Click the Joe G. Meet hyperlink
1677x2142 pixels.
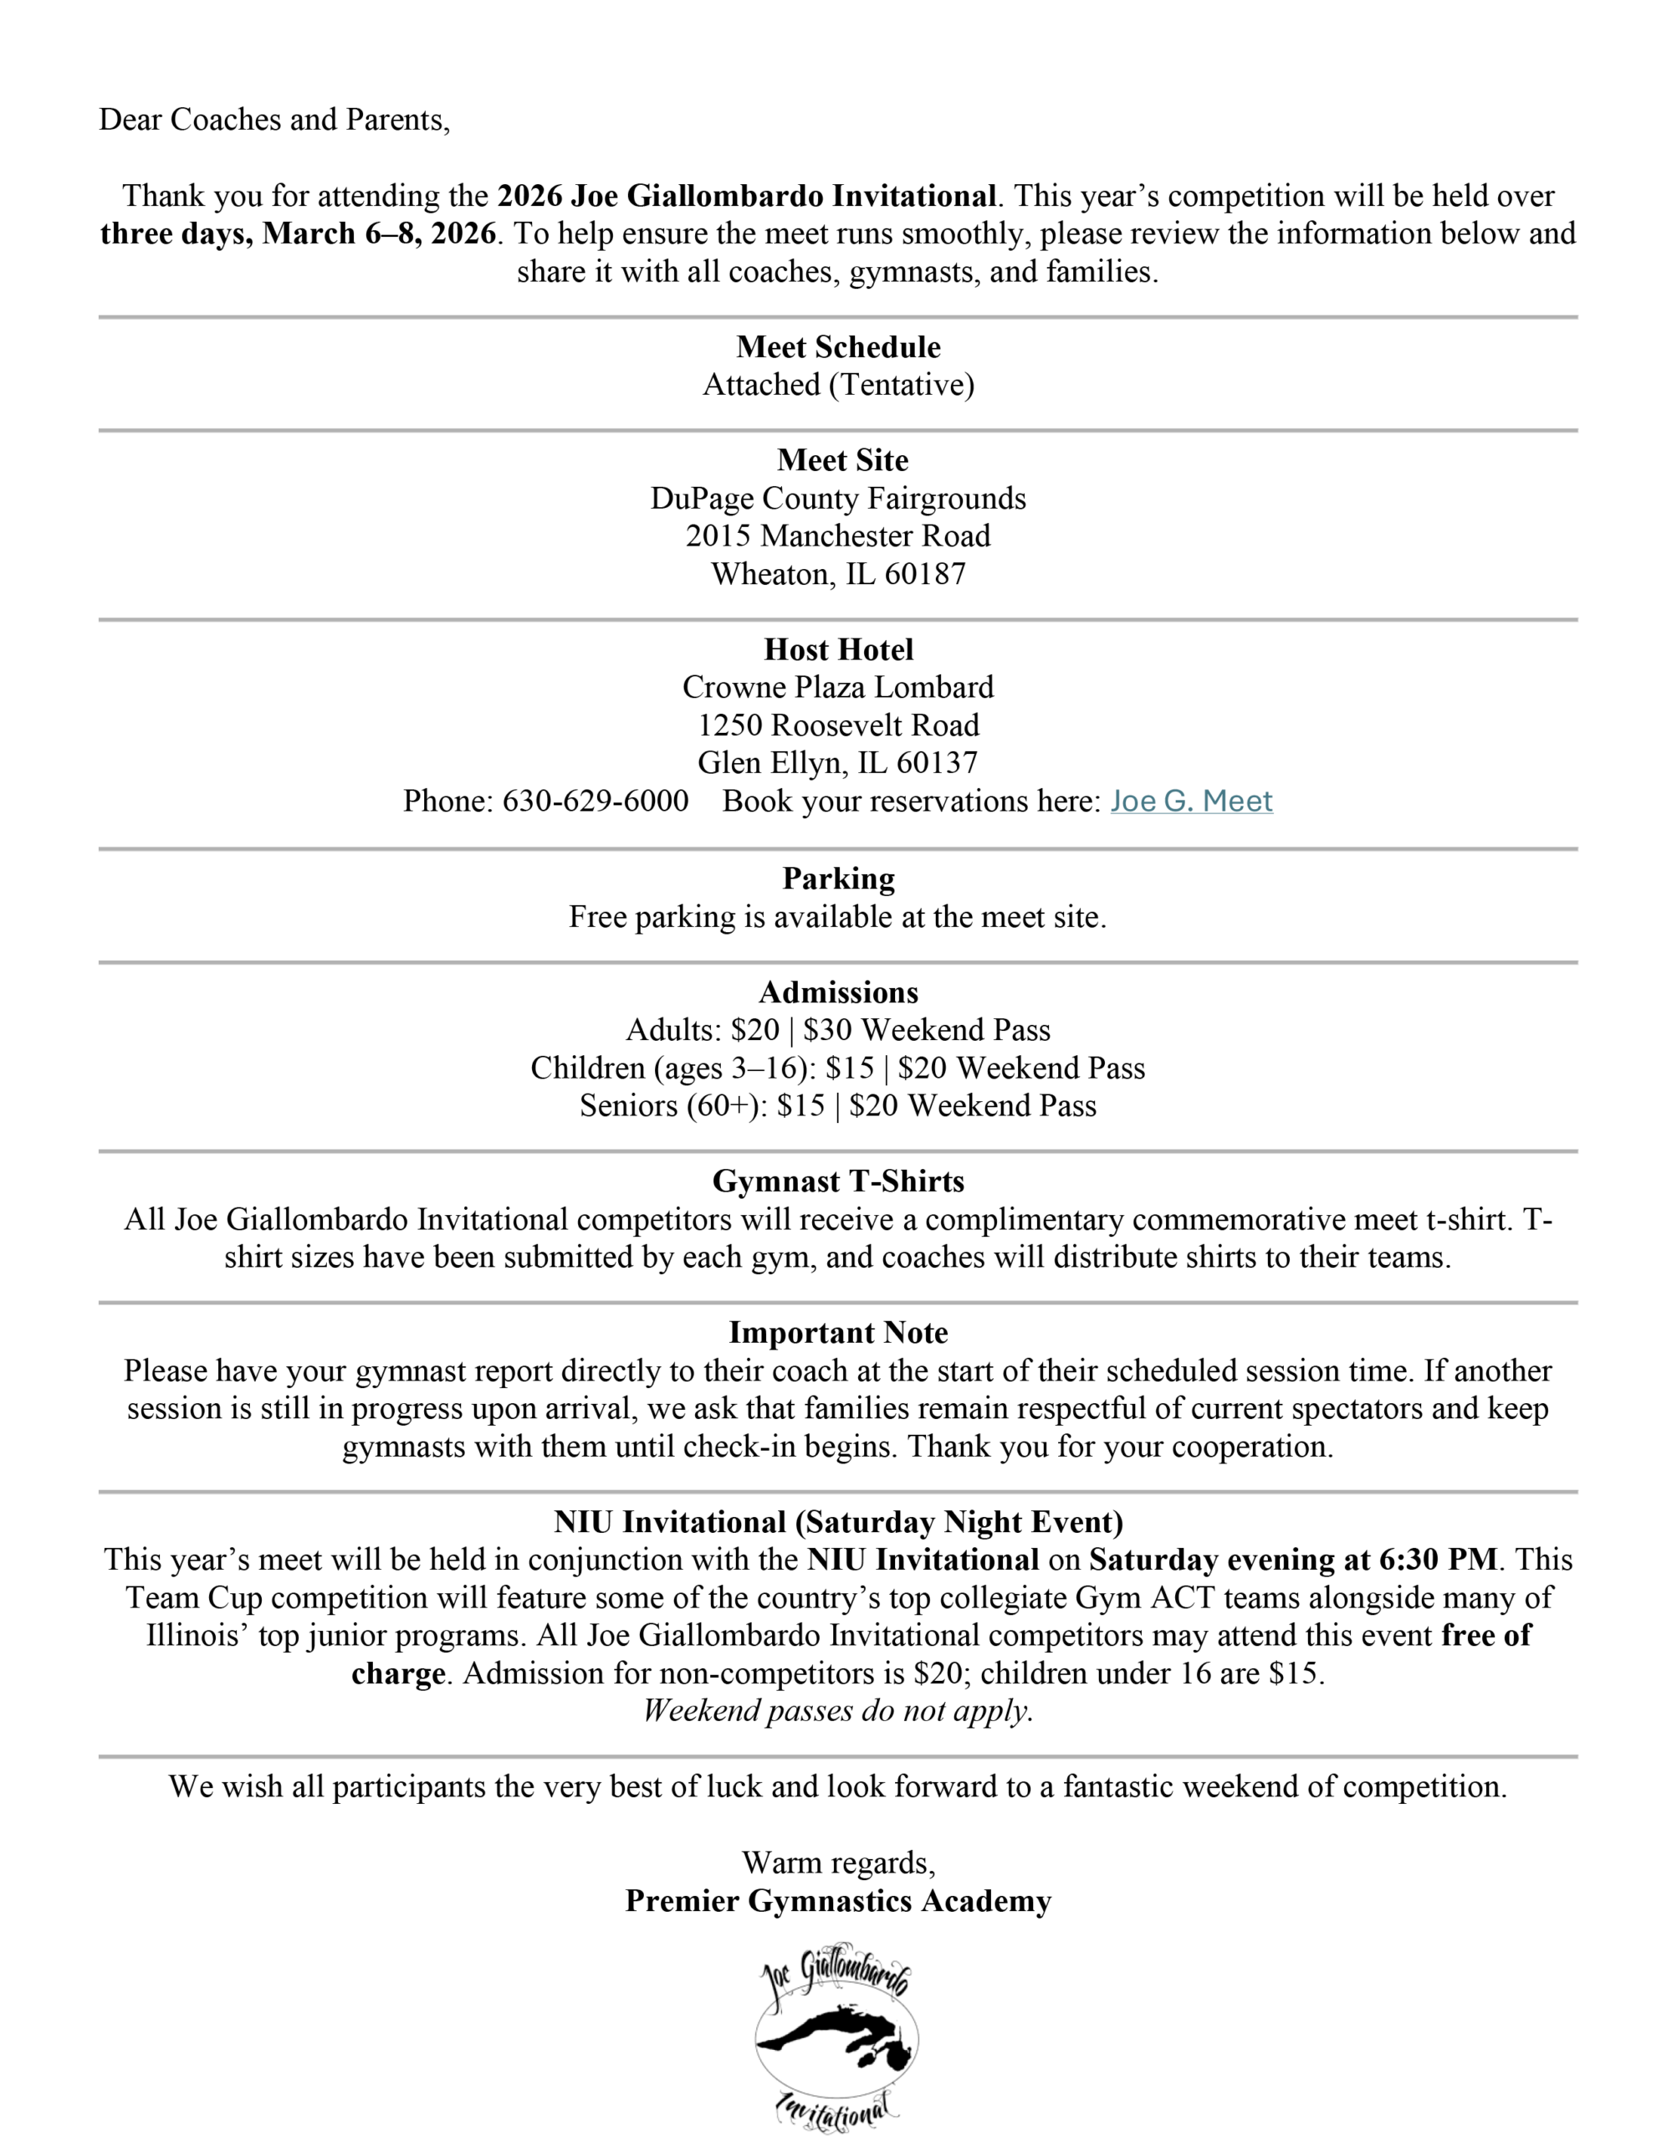coord(1191,802)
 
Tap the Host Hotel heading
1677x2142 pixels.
coord(838,649)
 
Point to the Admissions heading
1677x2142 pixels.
coord(838,992)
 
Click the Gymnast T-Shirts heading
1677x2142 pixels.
coord(838,1181)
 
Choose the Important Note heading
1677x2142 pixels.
coord(838,1333)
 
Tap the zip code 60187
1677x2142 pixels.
coord(925,575)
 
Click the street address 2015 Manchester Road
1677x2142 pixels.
coord(838,536)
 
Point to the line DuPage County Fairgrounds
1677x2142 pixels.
coord(838,499)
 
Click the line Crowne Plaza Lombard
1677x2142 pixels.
coord(838,688)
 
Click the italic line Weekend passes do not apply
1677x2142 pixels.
coord(838,1711)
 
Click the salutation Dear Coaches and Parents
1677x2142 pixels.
coord(275,120)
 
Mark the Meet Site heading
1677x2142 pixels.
coord(842,460)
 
